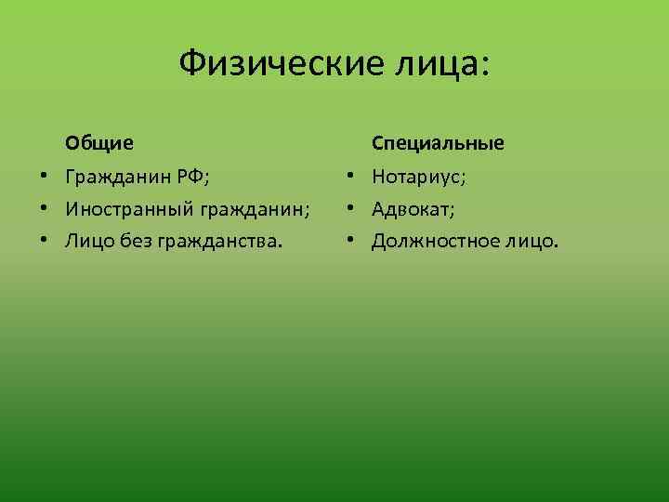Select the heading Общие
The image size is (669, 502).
coord(98,143)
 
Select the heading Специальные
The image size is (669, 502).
coord(439,143)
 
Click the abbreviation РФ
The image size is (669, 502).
coord(201,176)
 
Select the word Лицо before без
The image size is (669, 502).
coord(89,242)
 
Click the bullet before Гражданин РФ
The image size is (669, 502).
coord(44,176)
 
